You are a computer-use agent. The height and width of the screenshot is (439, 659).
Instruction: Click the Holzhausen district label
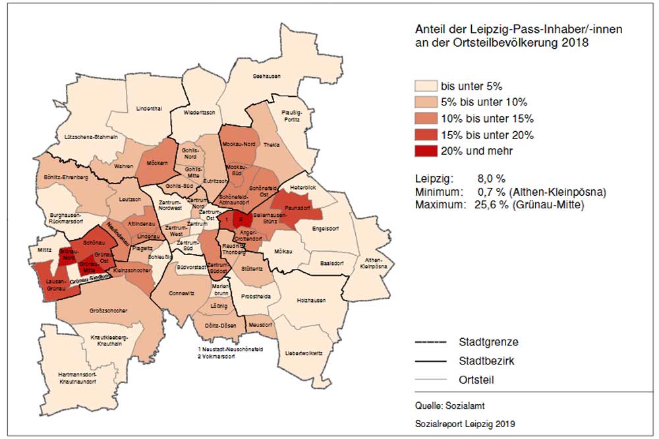click(312, 301)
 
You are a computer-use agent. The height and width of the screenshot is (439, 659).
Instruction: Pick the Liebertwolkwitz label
click(303, 353)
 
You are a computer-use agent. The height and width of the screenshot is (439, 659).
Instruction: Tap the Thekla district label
click(272, 144)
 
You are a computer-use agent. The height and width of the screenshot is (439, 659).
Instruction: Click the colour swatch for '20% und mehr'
click(426, 151)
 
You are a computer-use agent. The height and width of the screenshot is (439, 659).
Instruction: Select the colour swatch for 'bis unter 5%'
click(426, 86)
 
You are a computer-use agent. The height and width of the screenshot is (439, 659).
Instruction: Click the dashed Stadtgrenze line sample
click(433, 343)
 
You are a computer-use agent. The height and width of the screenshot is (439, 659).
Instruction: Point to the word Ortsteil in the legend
click(476, 380)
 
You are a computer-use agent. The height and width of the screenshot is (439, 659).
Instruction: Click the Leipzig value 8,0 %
click(491, 179)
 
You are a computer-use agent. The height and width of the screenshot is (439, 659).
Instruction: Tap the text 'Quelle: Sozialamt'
click(445, 406)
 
